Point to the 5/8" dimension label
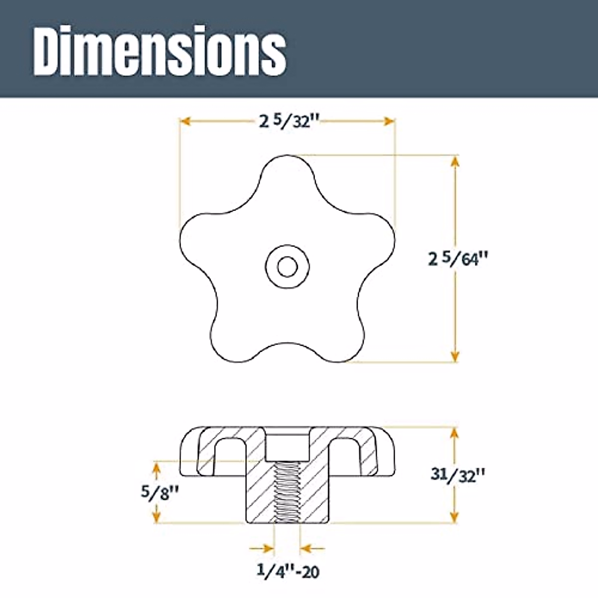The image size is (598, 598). (158, 493)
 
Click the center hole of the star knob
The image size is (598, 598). (286, 267)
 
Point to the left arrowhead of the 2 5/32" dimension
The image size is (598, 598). (184, 121)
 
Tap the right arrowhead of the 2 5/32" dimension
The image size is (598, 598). (390, 121)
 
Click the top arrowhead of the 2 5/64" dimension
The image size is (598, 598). (454, 160)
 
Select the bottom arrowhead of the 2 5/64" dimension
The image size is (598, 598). (454, 356)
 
